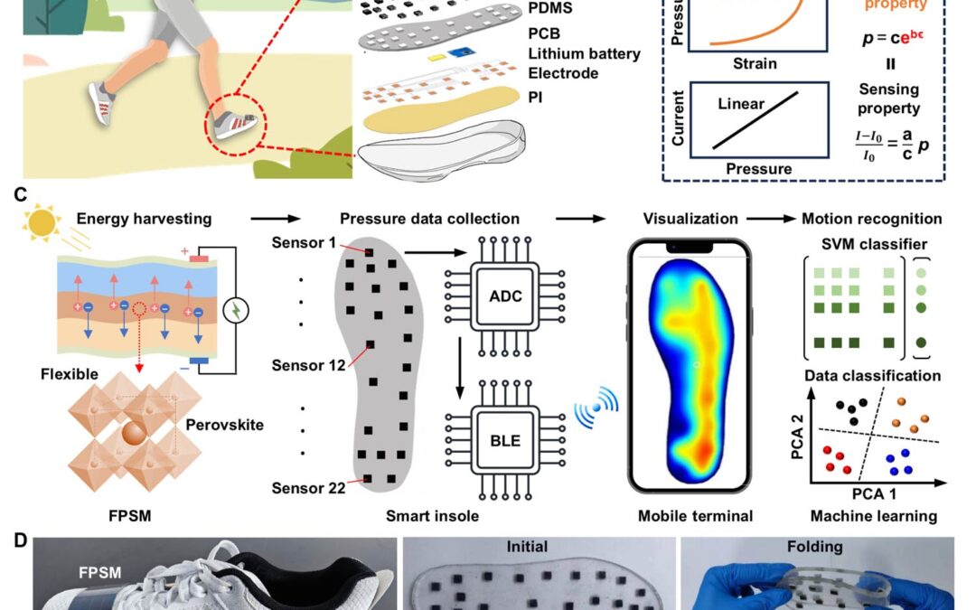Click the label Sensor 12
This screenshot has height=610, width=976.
pyautogui.click(x=311, y=366)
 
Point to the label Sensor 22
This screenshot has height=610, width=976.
pyautogui.click(x=311, y=488)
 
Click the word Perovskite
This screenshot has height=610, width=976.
pyautogui.click(x=223, y=424)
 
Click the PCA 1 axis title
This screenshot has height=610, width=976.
pyautogui.click(x=874, y=495)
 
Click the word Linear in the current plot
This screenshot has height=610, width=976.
pyautogui.click(x=741, y=105)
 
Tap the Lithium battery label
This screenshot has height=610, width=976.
pyautogui.click(x=584, y=54)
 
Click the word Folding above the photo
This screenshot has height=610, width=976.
pyautogui.click(x=814, y=548)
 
